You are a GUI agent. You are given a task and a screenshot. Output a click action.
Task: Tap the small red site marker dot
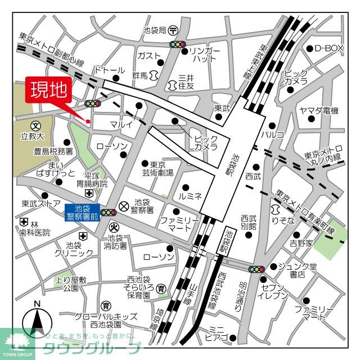coord(88,121)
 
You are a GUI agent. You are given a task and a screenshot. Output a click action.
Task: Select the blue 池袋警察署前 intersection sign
coord(83,211)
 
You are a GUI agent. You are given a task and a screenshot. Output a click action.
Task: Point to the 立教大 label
coord(33,136)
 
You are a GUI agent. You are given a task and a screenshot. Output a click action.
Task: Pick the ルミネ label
coord(190,197)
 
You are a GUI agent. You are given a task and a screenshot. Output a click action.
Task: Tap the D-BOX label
coord(328,48)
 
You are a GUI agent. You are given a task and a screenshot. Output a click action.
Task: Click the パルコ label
coord(272,135)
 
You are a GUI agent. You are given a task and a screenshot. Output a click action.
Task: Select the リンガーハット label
coord(201,54)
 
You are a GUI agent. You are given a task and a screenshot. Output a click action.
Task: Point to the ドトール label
coord(110,70)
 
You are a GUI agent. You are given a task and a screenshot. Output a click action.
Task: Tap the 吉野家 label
coord(300,243)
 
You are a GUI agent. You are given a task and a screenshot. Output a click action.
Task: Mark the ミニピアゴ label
coord(216,334)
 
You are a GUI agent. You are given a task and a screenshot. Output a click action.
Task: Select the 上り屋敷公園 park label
coord(74,283)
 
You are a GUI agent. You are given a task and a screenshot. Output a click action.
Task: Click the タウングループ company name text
coord(92,348)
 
